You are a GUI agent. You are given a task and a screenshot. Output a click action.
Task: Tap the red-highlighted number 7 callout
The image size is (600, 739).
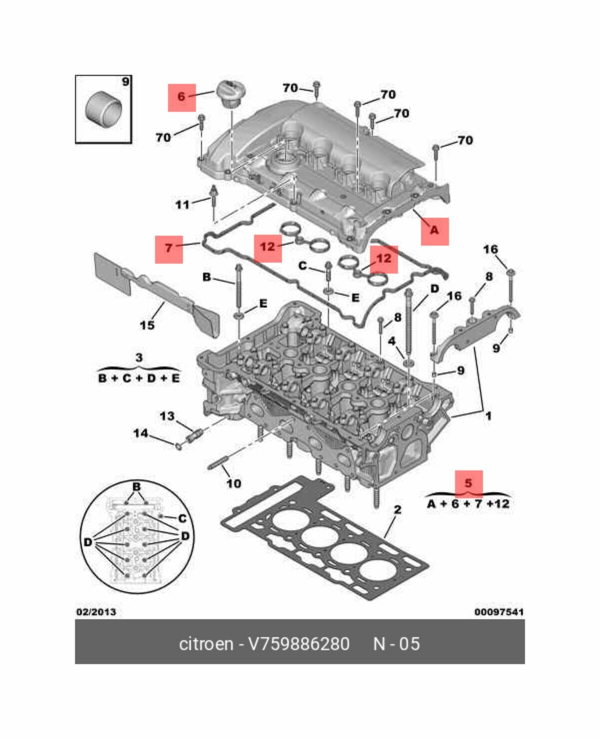tap(169, 248)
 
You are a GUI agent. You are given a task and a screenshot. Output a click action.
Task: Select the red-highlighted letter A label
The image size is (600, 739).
tap(434, 231)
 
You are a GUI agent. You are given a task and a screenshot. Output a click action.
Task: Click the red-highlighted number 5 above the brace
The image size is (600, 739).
tap(468, 483)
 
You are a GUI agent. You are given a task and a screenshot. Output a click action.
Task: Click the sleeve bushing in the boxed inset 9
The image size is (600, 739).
tap(104, 109)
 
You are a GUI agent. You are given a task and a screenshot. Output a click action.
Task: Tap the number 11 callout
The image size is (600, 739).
tap(182, 204)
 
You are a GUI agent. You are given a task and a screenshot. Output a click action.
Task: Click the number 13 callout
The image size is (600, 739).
tap(167, 416)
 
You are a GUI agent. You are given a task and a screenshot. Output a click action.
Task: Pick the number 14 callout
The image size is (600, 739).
tap(140, 433)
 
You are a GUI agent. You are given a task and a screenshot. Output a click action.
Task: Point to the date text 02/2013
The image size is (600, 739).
tap(96, 612)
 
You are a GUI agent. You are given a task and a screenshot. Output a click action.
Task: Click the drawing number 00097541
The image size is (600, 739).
tap(499, 612)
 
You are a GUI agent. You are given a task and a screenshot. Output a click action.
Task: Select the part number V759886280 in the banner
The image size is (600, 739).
tap(298, 644)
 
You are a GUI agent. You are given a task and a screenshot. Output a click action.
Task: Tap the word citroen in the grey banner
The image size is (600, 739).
tap(205, 644)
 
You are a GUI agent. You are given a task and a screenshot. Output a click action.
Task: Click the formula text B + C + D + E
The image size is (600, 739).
tap(138, 378)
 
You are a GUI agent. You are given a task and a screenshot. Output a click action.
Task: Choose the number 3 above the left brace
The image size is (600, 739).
tap(139, 358)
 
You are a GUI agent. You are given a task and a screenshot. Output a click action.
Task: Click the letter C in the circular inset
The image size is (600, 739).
tap(182, 518)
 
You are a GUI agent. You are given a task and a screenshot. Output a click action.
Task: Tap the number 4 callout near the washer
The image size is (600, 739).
tap(392, 342)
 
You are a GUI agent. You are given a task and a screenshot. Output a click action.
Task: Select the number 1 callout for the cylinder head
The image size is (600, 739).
tap(488, 415)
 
